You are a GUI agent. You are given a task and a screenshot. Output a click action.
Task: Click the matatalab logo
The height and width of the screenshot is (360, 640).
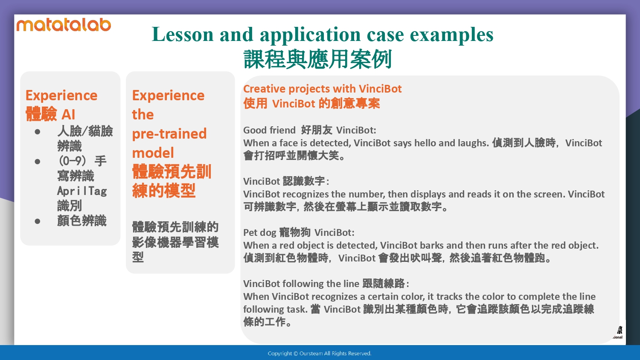(x=64, y=25)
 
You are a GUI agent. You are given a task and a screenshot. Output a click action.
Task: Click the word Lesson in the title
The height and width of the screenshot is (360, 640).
(x=183, y=34)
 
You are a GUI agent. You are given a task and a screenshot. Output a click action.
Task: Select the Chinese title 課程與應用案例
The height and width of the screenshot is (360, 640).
(x=317, y=59)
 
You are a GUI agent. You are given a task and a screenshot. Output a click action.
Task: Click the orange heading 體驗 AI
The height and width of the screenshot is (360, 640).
(x=50, y=114)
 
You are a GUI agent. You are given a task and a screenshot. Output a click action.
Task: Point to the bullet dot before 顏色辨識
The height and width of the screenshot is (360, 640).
(x=38, y=221)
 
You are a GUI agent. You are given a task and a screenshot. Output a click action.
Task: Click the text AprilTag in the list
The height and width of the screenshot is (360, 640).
(x=82, y=191)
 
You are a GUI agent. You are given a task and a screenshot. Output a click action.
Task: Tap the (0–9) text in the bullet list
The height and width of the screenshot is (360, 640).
(x=72, y=161)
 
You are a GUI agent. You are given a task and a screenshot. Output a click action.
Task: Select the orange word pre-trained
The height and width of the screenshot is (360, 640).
(x=169, y=134)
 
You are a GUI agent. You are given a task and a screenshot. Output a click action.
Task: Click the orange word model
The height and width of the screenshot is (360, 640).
(x=153, y=153)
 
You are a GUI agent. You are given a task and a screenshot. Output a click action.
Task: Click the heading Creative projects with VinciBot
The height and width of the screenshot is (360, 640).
(x=322, y=89)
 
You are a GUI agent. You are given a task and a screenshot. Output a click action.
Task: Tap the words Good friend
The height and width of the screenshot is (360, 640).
(x=269, y=130)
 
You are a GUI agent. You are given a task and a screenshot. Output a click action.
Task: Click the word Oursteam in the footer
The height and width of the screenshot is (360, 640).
(x=311, y=354)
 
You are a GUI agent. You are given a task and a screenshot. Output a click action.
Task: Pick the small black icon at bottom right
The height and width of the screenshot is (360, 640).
(x=620, y=330)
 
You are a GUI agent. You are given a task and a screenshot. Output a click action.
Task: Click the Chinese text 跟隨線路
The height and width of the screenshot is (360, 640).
(x=384, y=284)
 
